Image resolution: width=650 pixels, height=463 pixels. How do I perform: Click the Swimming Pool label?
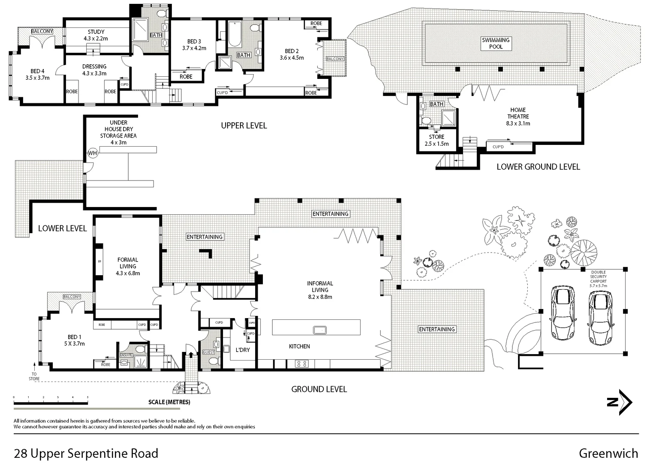(496, 43)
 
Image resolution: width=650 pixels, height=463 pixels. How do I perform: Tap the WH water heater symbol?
(93, 153)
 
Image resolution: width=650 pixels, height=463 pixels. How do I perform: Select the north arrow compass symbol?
(620, 402)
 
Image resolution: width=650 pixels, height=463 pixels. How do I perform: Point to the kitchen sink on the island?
(320, 330)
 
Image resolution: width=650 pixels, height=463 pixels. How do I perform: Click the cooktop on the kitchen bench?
(301, 364)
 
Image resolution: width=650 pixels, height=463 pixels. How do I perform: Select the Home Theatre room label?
(518, 117)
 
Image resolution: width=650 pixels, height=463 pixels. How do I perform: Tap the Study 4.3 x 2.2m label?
(96, 35)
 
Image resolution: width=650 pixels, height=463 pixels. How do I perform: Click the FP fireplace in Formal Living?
(99, 261)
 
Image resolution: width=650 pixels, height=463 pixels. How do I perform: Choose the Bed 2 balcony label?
(335, 59)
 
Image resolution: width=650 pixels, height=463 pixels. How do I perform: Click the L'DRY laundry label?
(243, 350)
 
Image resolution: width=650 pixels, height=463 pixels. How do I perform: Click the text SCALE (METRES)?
(169, 402)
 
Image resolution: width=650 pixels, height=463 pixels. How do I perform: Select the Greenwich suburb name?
(608, 453)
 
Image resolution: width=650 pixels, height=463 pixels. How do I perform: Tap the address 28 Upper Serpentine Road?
(86, 453)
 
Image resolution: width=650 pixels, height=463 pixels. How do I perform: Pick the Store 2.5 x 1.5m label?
(436, 140)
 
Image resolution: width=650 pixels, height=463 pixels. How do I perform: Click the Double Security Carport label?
(598, 279)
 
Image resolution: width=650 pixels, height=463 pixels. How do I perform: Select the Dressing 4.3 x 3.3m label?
(94, 70)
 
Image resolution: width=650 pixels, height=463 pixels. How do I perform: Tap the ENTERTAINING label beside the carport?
(437, 329)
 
